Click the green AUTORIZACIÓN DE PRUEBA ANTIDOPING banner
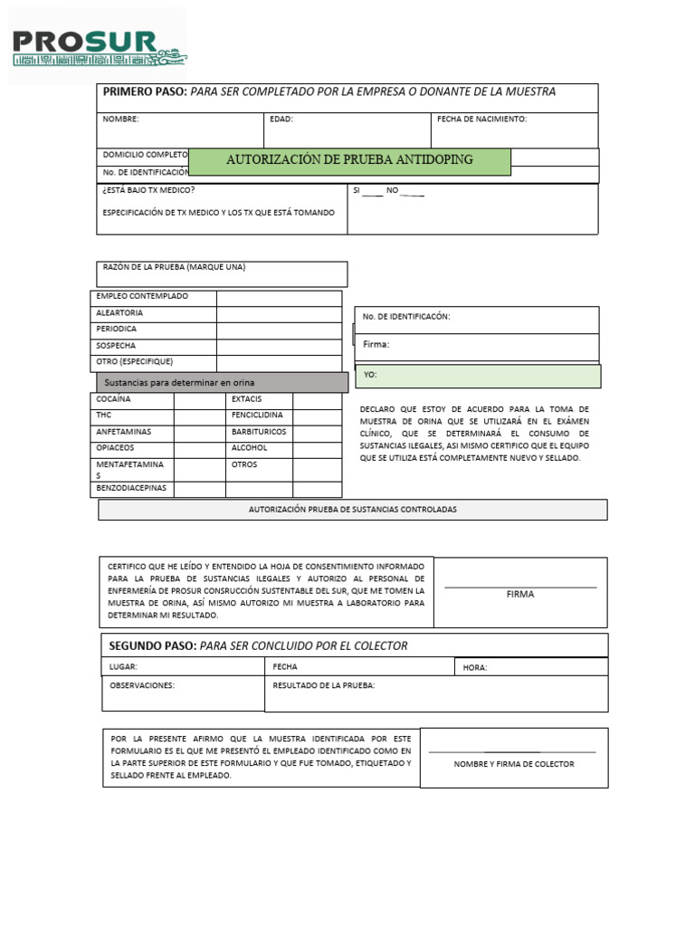click(x=349, y=160)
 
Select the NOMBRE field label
click(x=120, y=119)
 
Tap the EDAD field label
click(x=281, y=119)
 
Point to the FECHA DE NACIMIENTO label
click(x=481, y=119)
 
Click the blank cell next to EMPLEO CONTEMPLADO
click(x=279, y=297)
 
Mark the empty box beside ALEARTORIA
click(x=279, y=313)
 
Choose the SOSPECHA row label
click(x=117, y=346)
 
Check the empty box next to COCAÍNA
click(x=199, y=399)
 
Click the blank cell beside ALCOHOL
click(x=317, y=448)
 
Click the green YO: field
click(x=477, y=376)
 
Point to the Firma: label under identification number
click(x=376, y=345)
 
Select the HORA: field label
click(x=474, y=668)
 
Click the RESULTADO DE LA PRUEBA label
click(x=324, y=685)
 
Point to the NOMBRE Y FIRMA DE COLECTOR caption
click(x=513, y=764)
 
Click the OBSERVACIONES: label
click(x=142, y=685)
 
